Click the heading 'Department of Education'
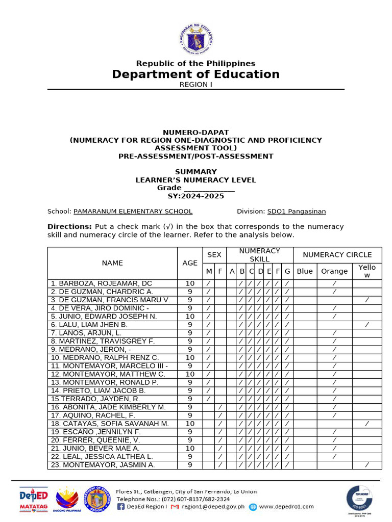[x=196, y=74]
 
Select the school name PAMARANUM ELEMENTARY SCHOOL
[x=133, y=211]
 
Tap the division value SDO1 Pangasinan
[x=297, y=211]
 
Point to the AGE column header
[x=190, y=263]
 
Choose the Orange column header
[x=334, y=271]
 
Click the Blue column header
[x=305, y=271]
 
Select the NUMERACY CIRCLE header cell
[x=337, y=255]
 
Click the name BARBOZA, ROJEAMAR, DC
[x=101, y=283]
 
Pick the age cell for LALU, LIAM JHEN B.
[x=190, y=325]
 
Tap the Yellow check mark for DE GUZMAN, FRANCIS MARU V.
[x=367, y=300]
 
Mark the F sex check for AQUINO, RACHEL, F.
[x=220, y=415]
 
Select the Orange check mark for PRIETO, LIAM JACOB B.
[x=334, y=390]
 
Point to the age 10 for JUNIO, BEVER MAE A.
[x=190, y=449]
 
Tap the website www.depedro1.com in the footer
[x=286, y=507]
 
